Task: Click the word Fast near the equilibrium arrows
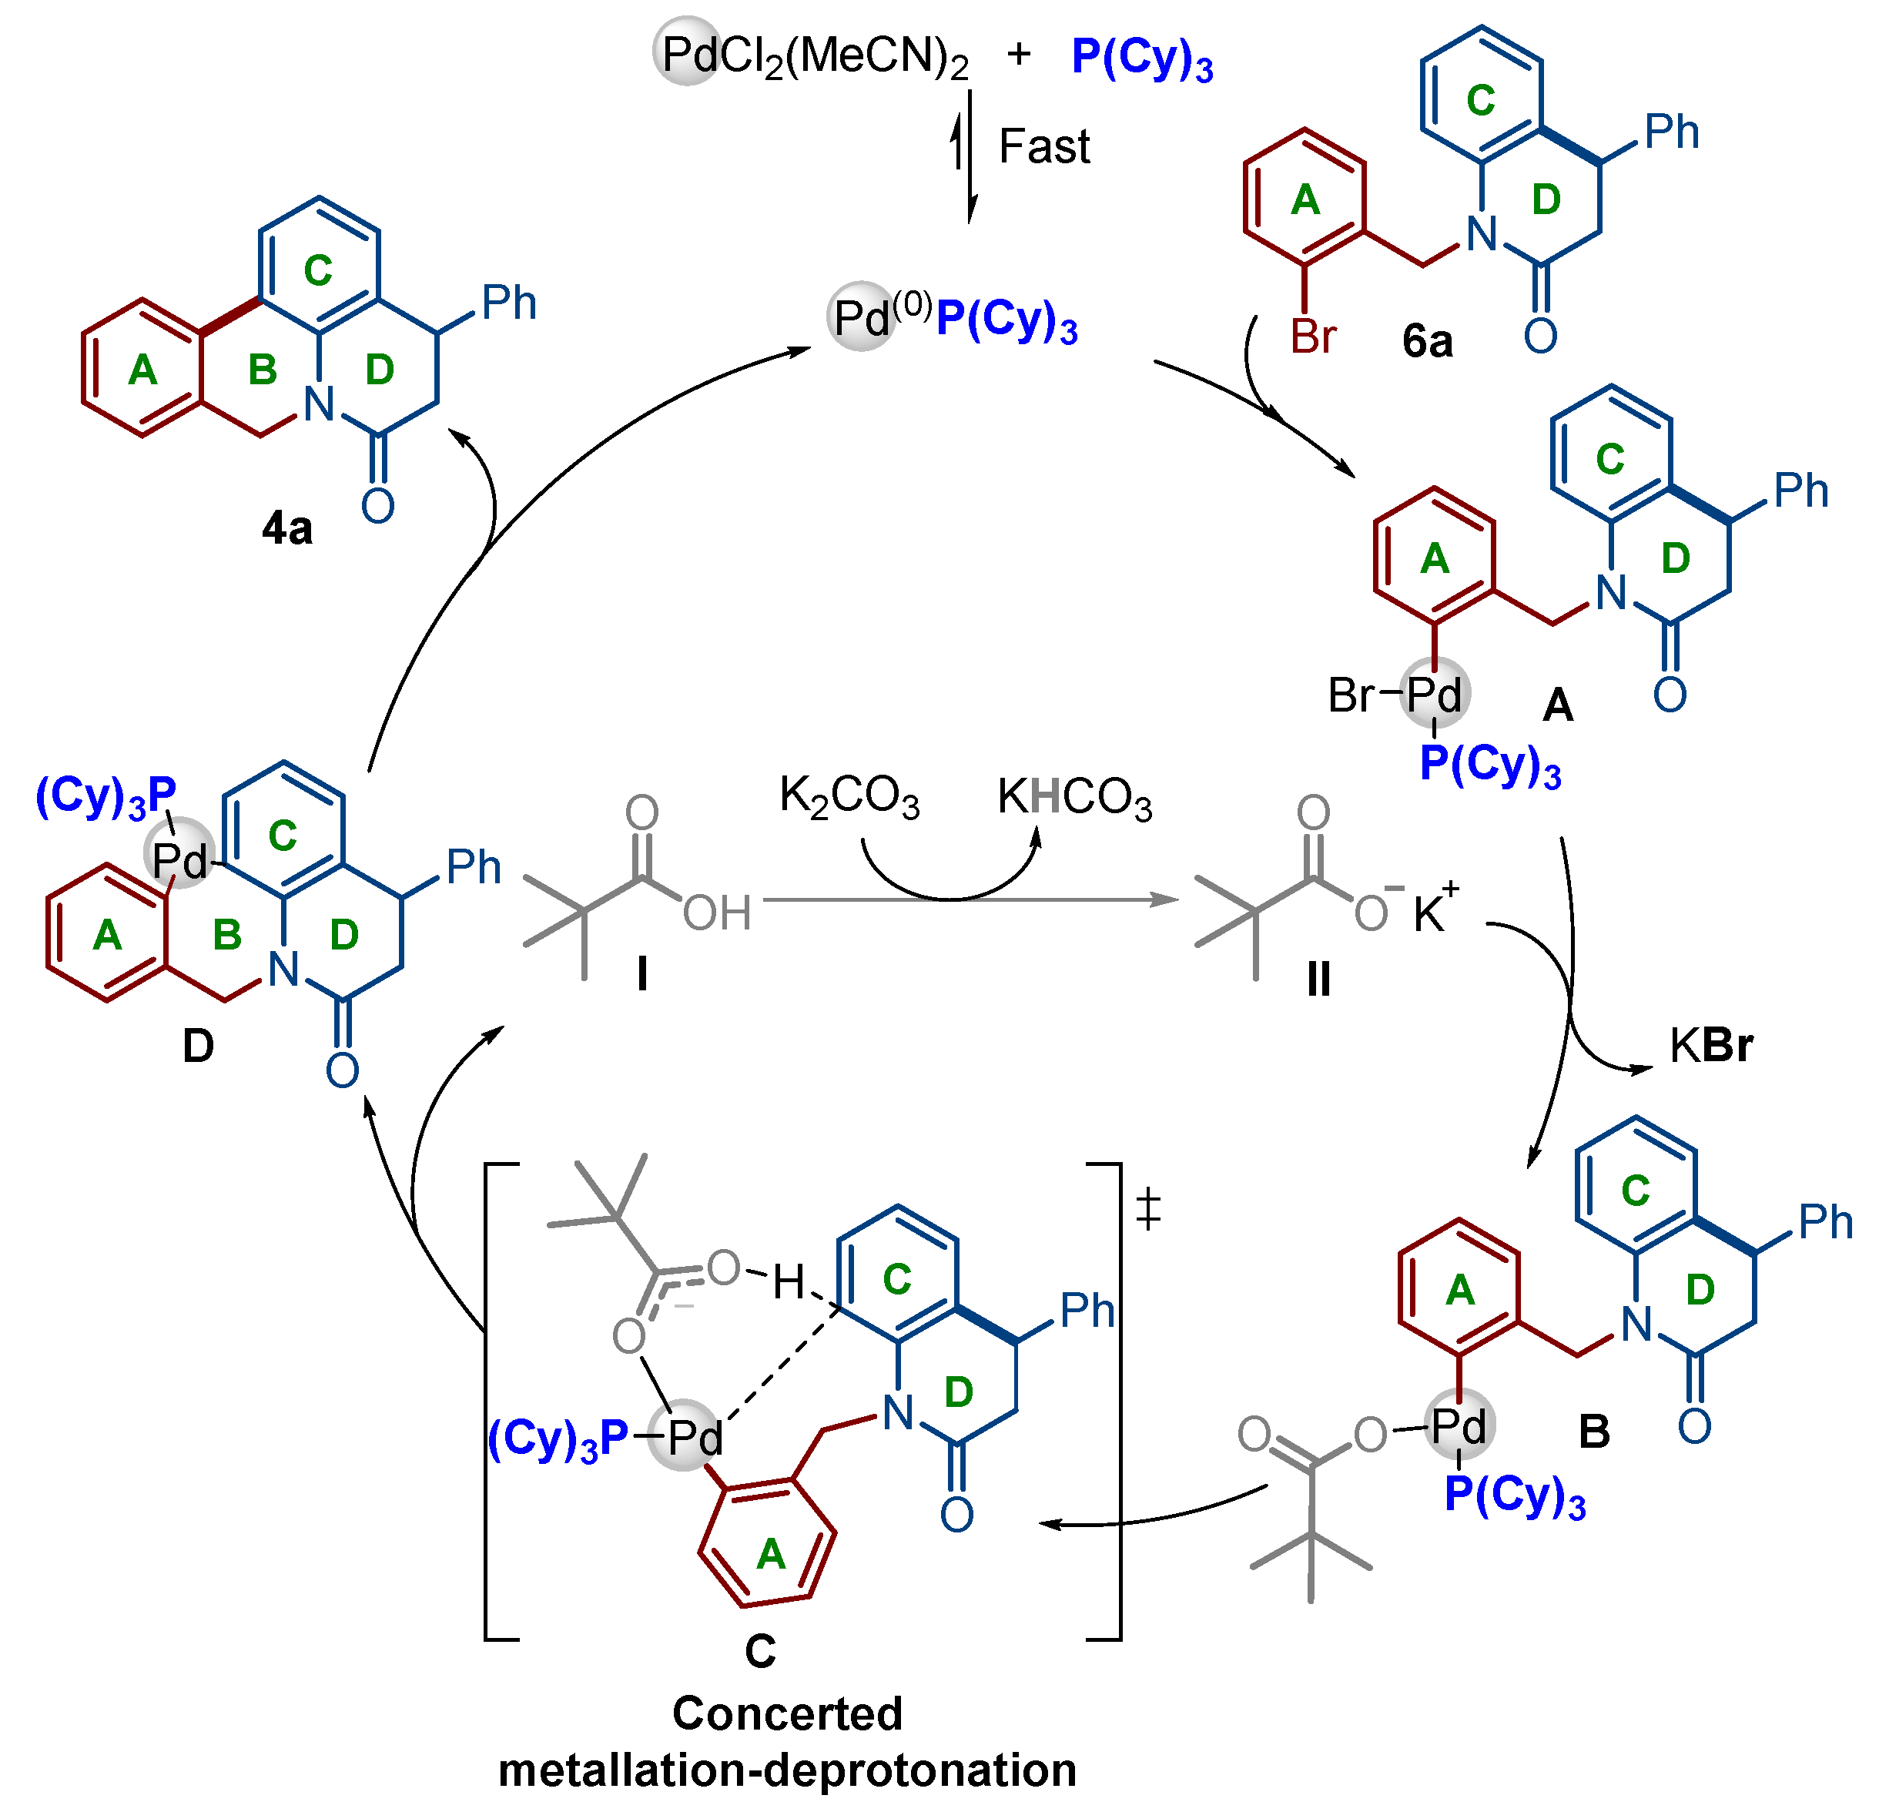[1044, 146]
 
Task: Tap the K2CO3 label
[849, 797]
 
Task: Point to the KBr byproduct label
[1710, 1046]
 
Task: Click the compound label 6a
[1426, 341]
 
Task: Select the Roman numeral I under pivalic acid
[641, 975]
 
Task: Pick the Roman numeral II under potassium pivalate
[1318, 979]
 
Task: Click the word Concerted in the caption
[787, 1713]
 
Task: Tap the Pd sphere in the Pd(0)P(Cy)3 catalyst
[861, 317]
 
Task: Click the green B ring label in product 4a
[263, 370]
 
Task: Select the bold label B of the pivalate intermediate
[1593, 1432]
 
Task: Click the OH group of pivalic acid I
[716, 913]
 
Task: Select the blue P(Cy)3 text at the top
[1142, 58]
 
